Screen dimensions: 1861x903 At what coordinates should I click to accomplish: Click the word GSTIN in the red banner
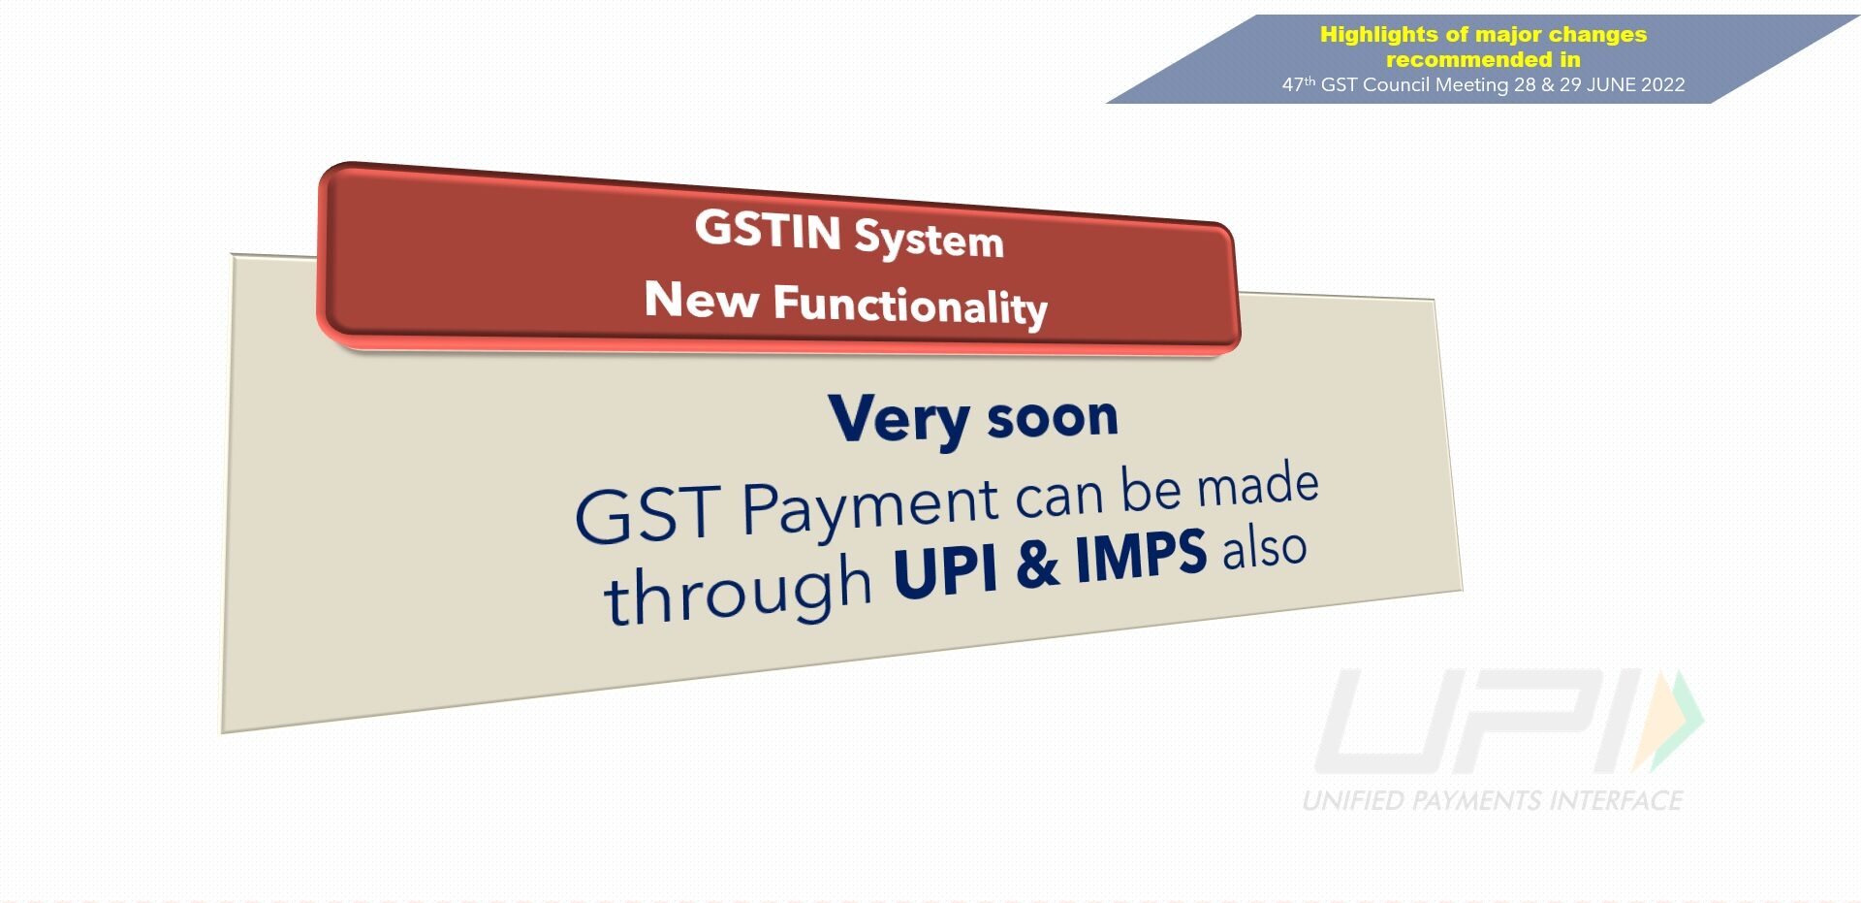[x=768, y=230]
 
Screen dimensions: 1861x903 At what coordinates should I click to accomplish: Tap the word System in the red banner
[x=929, y=239]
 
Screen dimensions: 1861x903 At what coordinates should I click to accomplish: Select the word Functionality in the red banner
[x=910, y=306]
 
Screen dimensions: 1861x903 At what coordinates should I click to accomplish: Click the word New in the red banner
[x=701, y=298]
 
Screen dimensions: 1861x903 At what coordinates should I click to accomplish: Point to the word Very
[x=899, y=420]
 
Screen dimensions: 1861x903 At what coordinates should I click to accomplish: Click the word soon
[x=1053, y=418]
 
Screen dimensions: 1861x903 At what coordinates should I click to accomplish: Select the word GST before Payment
[x=647, y=514]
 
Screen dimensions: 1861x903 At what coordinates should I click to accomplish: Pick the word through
[x=738, y=591]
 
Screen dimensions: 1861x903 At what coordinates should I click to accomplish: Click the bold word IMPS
[x=1141, y=557]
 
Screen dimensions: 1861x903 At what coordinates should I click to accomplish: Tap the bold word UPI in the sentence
[x=945, y=571]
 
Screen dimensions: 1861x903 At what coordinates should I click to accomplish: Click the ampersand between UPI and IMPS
[x=1037, y=564]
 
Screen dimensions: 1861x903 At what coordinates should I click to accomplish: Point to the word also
[x=1264, y=548]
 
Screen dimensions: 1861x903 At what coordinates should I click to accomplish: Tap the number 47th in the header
[x=1299, y=84]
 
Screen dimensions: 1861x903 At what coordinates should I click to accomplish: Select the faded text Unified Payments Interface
[x=1493, y=800]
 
